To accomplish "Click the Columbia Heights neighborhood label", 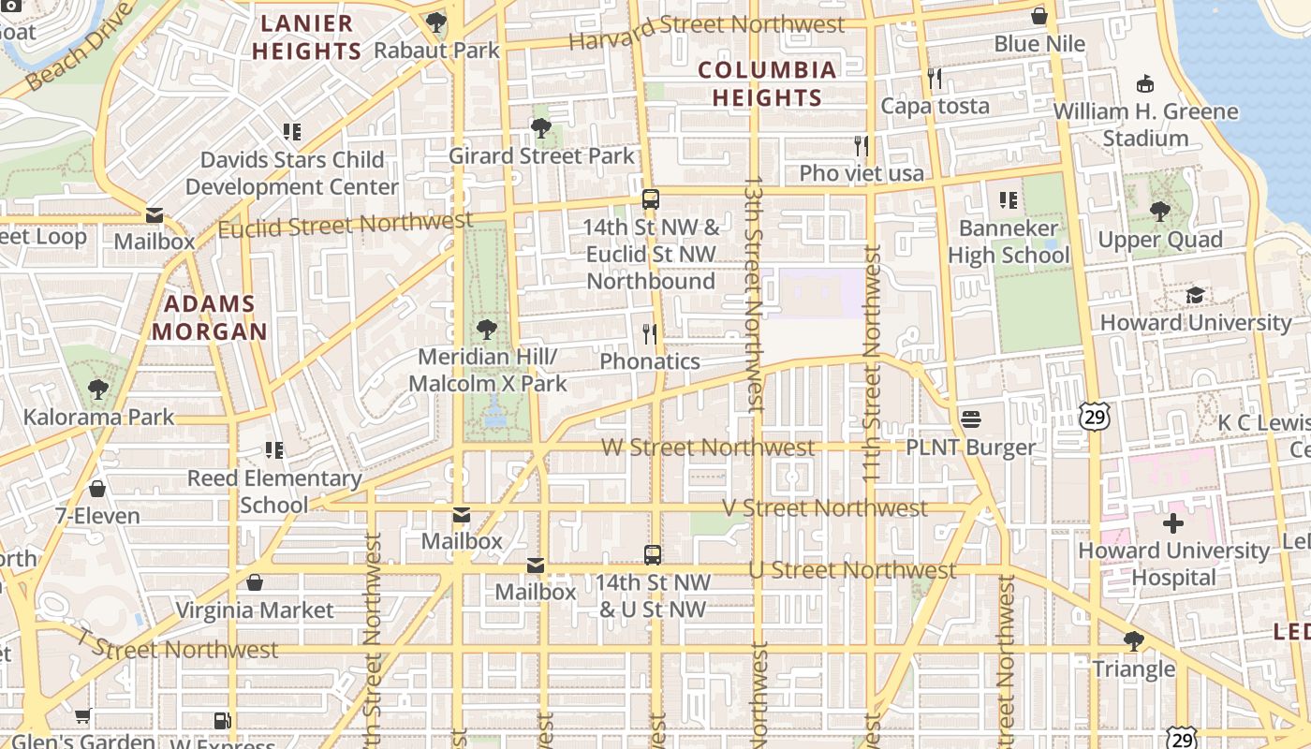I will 767,83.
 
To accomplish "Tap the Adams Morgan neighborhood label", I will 210,317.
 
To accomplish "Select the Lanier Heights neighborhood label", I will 306,37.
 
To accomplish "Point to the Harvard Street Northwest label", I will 706,33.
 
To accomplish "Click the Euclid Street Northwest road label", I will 346,225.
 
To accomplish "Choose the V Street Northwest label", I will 824,507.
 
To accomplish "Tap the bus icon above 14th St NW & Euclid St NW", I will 651,199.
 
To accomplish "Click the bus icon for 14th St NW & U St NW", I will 653,555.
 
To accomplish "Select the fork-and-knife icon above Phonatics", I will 649,333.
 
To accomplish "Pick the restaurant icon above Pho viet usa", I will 862,146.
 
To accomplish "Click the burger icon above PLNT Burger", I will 970,419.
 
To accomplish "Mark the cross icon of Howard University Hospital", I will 1173,523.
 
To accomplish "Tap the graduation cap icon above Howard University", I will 1195,296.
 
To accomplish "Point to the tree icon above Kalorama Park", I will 98,389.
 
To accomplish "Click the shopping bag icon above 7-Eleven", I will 97,489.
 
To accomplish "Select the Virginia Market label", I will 255,610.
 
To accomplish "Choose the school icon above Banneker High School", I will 1009,200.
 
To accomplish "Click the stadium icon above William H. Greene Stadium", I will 1144,84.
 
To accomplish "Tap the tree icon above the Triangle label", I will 1133,641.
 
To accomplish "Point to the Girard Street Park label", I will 542,155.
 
